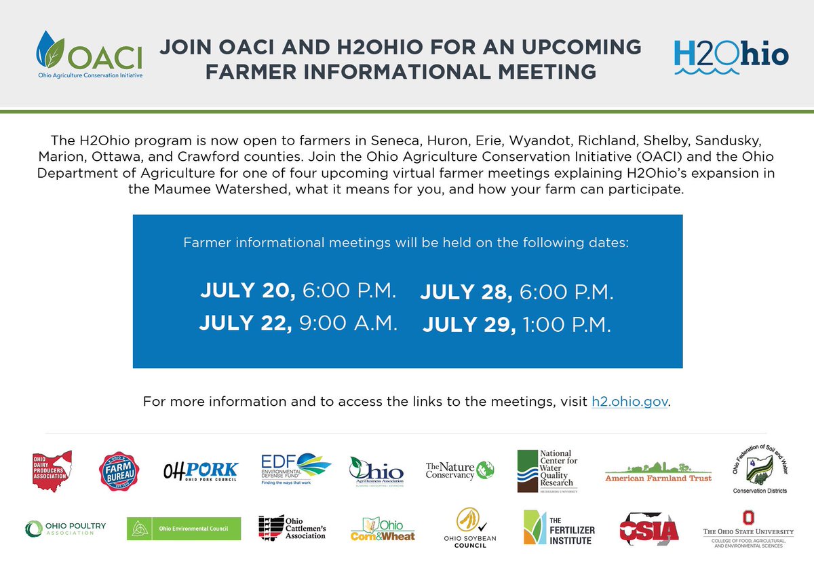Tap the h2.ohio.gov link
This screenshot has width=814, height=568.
pyautogui.click(x=630, y=402)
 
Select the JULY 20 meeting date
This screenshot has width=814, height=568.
pyautogui.click(x=247, y=290)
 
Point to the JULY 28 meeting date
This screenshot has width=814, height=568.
pyautogui.click(x=466, y=292)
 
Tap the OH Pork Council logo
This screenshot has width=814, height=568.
pyautogui.click(x=201, y=470)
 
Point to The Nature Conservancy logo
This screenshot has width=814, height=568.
pyautogui.click(x=460, y=470)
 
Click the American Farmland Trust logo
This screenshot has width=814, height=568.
pyautogui.click(x=658, y=474)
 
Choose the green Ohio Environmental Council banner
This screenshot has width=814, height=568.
pyautogui.click(x=184, y=528)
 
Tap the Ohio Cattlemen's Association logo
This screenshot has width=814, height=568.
pyautogui.click(x=292, y=527)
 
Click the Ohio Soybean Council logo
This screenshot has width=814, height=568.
pyautogui.click(x=475, y=528)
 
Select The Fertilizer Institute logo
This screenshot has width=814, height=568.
pyautogui.click(x=558, y=528)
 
